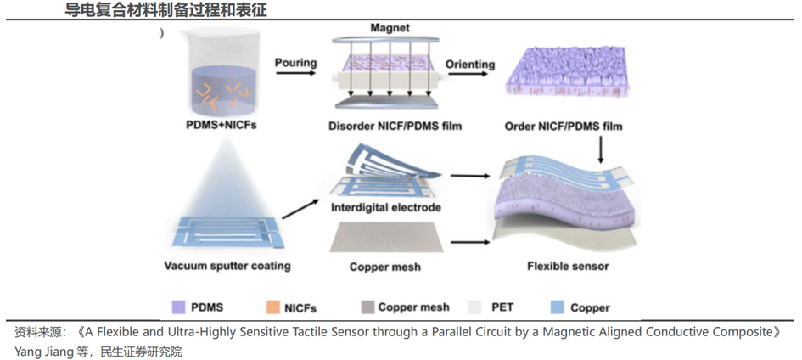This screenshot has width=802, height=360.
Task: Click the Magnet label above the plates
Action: [390, 29]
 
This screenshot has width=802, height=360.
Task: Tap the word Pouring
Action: [296, 63]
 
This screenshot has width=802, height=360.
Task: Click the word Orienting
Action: [470, 65]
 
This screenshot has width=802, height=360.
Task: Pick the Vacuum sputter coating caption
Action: [227, 266]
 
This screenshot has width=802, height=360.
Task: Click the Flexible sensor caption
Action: [568, 266]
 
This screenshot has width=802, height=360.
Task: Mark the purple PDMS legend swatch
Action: [178, 307]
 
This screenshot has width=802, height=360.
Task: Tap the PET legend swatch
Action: [474, 307]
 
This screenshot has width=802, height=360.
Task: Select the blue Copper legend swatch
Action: [558, 307]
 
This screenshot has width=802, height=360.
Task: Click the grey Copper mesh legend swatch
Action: [368, 307]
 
